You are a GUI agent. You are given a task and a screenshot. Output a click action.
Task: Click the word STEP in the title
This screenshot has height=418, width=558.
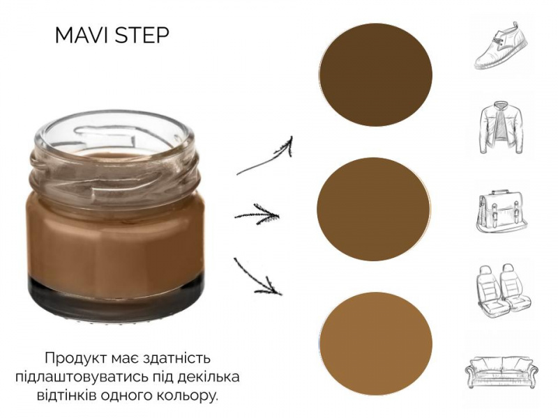(x=142, y=36)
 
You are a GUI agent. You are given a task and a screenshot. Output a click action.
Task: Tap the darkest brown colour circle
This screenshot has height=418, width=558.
(x=375, y=75)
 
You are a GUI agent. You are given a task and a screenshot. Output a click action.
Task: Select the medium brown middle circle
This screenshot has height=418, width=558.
(x=374, y=209)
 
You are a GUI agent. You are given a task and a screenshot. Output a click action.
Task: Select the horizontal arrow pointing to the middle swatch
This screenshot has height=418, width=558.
(x=257, y=215)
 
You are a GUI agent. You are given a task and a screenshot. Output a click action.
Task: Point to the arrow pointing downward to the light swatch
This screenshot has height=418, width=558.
(x=257, y=277)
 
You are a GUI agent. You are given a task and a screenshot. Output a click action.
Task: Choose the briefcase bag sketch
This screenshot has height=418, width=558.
(x=502, y=212)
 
